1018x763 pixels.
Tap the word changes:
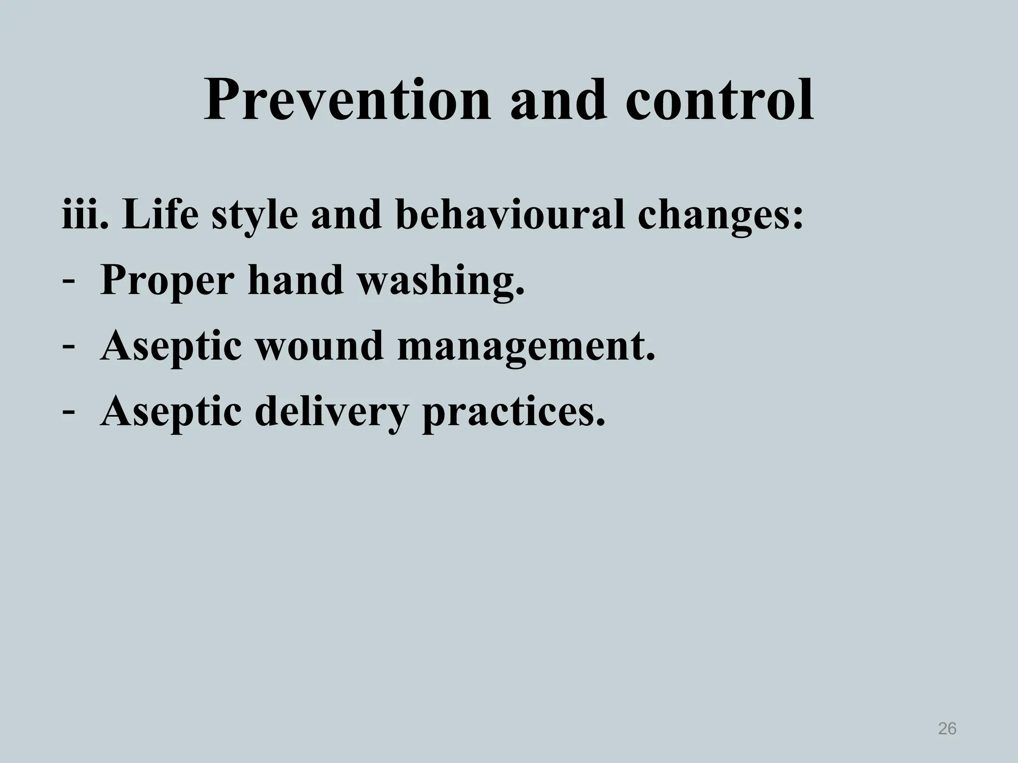(720, 217)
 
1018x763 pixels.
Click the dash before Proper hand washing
(69, 281)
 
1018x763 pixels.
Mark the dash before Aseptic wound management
(69, 346)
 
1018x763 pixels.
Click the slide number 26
(947, 729)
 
